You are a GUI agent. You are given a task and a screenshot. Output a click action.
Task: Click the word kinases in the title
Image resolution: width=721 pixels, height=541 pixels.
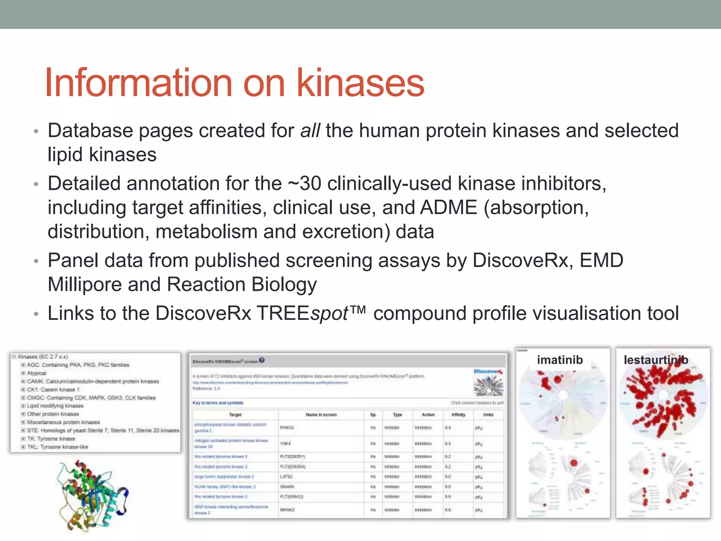tap(360, 83)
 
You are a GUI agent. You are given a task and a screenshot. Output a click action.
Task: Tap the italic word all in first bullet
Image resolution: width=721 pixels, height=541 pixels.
tap(310, 131)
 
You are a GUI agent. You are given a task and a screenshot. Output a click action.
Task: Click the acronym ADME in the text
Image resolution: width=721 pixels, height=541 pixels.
tap(448, 207)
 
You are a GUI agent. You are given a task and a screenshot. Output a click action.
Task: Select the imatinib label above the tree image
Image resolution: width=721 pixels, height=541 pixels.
tap(560, 360)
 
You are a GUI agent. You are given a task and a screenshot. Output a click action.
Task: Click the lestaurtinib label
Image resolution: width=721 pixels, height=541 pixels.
tap(656, 360)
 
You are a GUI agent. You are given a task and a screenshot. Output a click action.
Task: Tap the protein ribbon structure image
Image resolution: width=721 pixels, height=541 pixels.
tap(92, 495)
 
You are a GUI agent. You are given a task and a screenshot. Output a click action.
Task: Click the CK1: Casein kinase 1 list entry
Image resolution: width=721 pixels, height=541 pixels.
tap(53, 390)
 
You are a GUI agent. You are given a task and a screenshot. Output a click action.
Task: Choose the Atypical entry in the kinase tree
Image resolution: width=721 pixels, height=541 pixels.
tap(37, 373)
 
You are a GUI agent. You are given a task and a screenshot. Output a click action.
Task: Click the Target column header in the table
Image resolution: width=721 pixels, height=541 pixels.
tap(235, 415)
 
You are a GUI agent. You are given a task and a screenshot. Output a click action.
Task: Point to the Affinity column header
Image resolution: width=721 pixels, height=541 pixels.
tap(458, 415)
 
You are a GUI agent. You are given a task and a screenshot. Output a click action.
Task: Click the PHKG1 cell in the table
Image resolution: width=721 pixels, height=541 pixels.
tap(287, 428)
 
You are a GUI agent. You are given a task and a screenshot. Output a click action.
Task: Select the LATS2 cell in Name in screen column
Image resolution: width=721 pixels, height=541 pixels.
tap(286, 477)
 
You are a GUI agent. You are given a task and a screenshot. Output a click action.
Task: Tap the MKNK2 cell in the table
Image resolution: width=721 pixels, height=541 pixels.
tap(287, 510)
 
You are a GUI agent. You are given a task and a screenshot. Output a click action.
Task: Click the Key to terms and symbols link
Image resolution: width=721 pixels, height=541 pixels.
tap(218, 403)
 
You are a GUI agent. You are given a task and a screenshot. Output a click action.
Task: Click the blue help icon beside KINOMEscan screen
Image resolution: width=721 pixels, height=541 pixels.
tap(262, 360)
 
